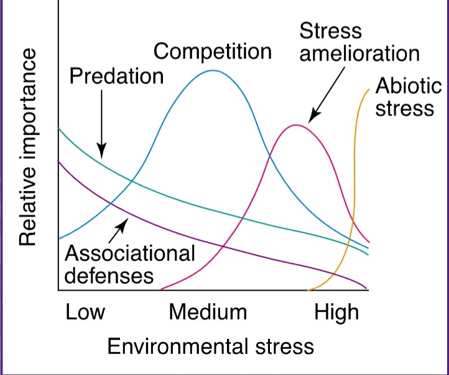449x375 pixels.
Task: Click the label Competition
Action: [213, 52]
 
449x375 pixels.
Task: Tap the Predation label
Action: [116, 77]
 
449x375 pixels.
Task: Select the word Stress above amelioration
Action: [330, 31]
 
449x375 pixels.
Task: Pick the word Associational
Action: [129, 254]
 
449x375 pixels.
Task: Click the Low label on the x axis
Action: [85, 311]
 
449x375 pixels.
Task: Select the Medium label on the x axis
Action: [208, 311]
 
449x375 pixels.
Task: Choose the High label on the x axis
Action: [336, 311]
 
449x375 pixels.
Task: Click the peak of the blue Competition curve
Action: [213, 70]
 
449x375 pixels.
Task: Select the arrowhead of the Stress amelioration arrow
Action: [310, 119]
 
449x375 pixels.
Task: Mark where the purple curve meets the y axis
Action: [58, 161]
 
